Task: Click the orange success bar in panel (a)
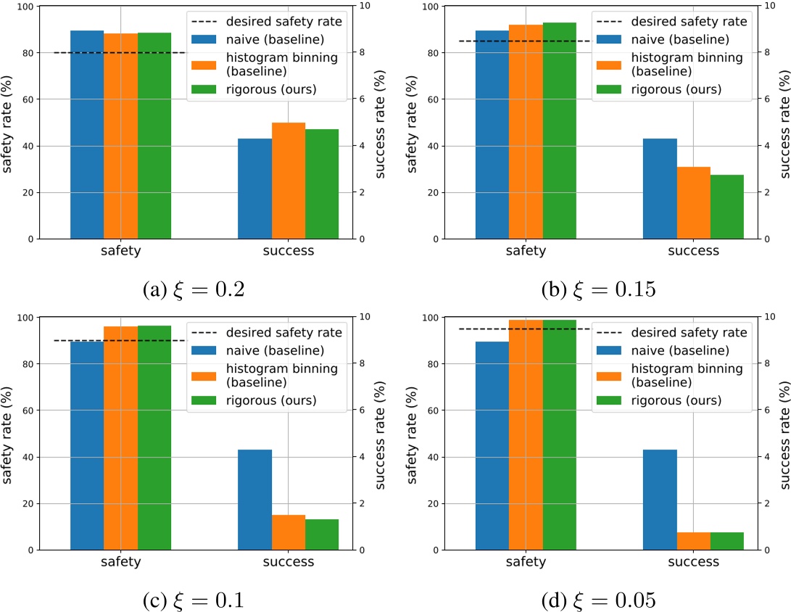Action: [288, 181]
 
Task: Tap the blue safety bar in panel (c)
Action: [87, 445]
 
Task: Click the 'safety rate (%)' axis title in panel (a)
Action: [9, 123]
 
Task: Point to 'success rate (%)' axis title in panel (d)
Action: [783, 434]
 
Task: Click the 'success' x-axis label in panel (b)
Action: [693, 251]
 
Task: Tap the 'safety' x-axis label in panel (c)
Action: [121, 562]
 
